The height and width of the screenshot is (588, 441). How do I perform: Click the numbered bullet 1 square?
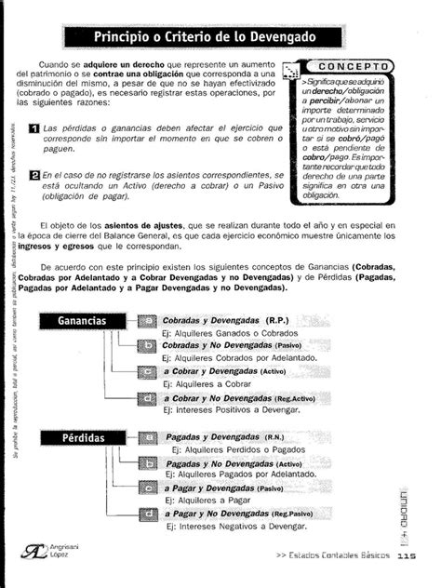pyautogui.click(x=34, y=127)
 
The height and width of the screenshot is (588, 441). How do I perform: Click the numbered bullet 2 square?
pyautogui.click(x=34, y=174)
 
